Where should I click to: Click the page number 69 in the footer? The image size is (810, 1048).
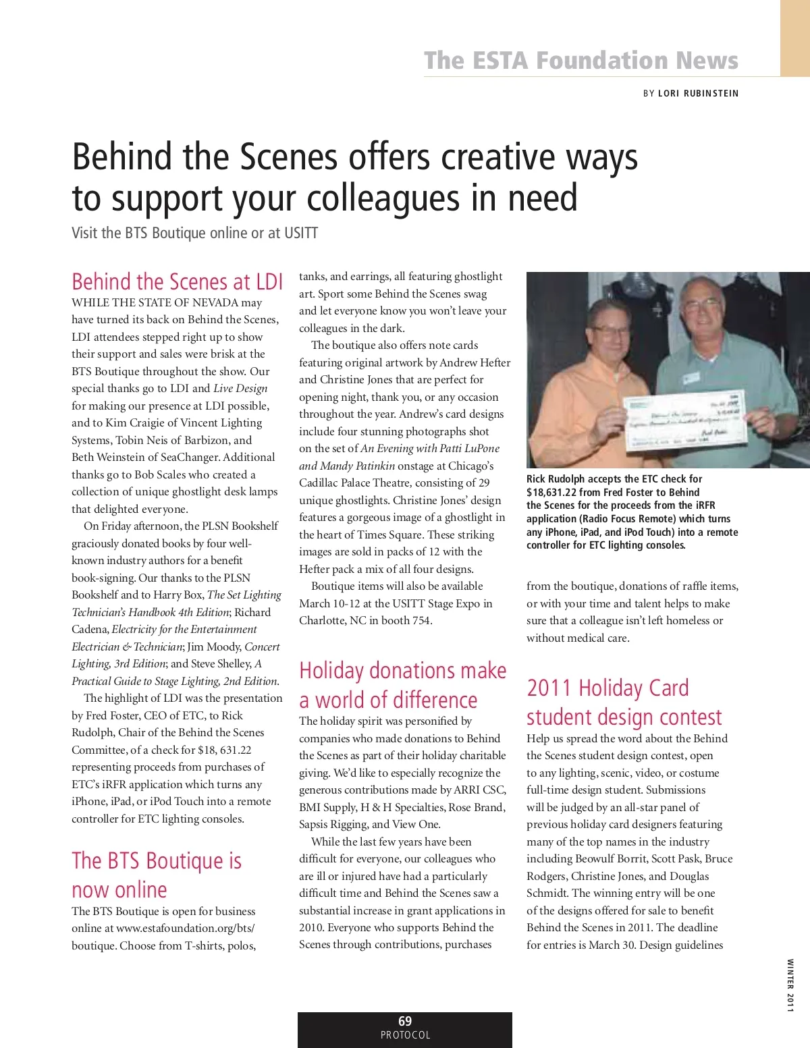(x=405, y=1021)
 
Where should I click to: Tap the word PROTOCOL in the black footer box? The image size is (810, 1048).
(x=405, y=1035)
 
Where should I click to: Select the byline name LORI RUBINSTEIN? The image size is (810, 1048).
(x=698, y=93)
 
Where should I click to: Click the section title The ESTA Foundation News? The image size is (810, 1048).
(x=581, y=60)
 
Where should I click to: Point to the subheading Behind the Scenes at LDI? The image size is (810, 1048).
(x=178, y=281)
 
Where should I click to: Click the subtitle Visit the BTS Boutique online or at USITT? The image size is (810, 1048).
(x=195, y=233)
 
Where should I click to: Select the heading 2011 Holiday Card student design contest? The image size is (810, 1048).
(x=624, y=702)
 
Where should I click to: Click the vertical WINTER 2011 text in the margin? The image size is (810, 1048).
(x=790, y=985)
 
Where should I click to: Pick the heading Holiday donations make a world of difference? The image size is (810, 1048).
(x=402, y=685)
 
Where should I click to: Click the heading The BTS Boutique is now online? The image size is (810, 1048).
(x=157, y=875)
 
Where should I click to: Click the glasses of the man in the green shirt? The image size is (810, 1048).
(x=703, y=305)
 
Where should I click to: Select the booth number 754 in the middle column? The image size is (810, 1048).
(x=421, y=620)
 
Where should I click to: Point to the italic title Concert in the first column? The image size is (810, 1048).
(x=262, y=646)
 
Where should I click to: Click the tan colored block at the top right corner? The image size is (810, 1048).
(x=795, y=38)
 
